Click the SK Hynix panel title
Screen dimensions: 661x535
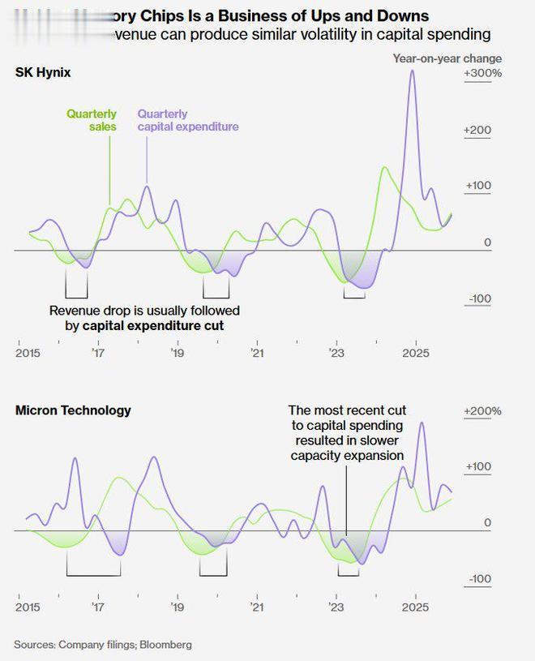pyautogui.click(x=43, y=73)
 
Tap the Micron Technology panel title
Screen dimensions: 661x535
pyautogui.click(x=73, y=410)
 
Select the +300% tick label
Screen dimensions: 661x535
pyautogui.click(x=482, y=74)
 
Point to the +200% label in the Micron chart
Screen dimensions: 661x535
pyautogui.click(x=482, y=411)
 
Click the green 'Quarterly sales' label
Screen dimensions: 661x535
pyautogui.click(x=92, y=120)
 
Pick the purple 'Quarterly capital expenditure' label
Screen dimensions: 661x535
pyautogui.click(x=188, y=120)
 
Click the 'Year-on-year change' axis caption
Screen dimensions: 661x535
pyautogui.click(x=447, y=58)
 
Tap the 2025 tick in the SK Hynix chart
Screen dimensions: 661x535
pyautogui.click(x=416, y=353)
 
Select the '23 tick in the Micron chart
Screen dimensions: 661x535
pyautogui.click(x=336, y=607)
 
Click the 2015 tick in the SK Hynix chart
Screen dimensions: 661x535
pyautogui.click(x=28, y=353)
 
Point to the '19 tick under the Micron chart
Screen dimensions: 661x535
pyautogui.click(x=178, y=607)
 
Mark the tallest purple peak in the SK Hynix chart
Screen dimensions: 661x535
pyautogui.click(x=413, y=71)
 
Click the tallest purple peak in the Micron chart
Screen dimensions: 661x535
pyautogui.click(x=421, y=423)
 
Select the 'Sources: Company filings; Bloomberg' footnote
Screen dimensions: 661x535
pyautogui.click(x=103, y=645)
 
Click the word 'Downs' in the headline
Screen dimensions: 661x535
pyautogui.click(x=398, y=16)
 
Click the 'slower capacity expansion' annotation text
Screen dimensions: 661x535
pyautogui.click(x=347, y=456)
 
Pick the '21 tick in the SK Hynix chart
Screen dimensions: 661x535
pyautogui.click(x=257, y=353)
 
